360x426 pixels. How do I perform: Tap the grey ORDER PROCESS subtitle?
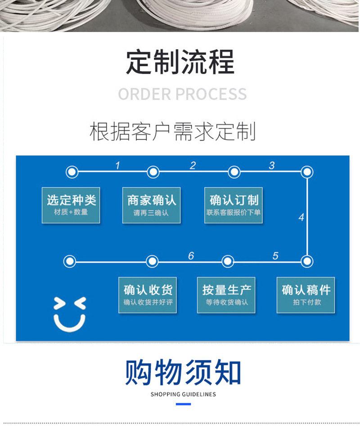tap(182, 94)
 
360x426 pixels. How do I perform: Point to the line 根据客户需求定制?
tap(173, 131)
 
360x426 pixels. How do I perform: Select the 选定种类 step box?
tap(71, 205)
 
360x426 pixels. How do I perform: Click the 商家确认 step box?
tap(151, 205)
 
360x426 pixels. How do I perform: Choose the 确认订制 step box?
tap(234, 205)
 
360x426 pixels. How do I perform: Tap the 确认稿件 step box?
tap(306, 295)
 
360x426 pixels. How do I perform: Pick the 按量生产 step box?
tap(226, 295)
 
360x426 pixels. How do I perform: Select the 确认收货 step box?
tap(148, 295)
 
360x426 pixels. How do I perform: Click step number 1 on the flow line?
tap(117, 165)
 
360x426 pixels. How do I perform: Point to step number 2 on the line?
tap(193, 165)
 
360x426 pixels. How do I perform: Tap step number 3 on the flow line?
tap(271, 165)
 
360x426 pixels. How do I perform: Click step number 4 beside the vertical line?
tap(301, 217)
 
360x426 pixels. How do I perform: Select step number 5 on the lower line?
tap(275, 256)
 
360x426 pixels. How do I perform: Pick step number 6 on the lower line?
tap(191, 256)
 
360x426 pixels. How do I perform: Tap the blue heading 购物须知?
tap(183, 372)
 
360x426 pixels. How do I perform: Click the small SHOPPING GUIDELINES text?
tap(183, 394)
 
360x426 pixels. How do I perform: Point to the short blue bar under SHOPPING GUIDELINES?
tap(183, 404)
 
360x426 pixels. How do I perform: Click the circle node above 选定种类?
tap(72, 172)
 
